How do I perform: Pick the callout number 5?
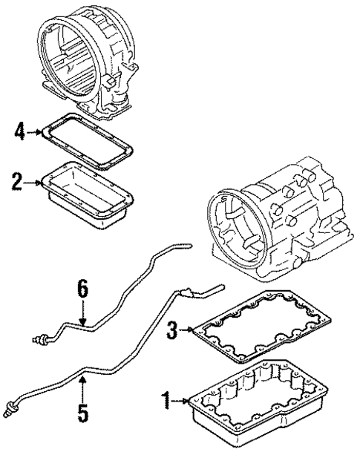point(84,410)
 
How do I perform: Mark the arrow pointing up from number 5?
point(84,386)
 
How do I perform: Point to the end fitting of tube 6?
point(39,339)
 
